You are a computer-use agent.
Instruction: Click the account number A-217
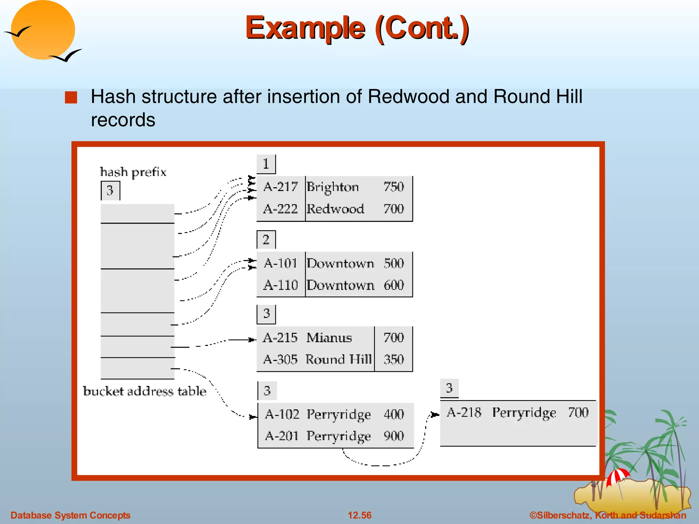click(281, 187)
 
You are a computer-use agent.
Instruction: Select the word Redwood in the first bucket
click(335, 209)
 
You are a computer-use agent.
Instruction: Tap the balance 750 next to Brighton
click(394, 187)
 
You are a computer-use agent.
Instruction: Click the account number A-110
click(281, 285)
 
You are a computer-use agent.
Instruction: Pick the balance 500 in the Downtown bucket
click(394, 263)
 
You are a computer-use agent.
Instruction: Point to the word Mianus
click(329, 338)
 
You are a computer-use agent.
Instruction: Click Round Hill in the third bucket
click(338, 359)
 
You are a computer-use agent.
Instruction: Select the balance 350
click(394, 359)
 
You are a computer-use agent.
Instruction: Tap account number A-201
click(282, 436)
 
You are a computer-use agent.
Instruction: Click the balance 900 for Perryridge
click(394, 436)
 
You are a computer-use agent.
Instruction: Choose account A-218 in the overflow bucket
click(464, 412)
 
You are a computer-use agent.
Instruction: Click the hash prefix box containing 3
click(110, 190)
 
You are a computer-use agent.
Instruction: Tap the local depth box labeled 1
click(266, 164)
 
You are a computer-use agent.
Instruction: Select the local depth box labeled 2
click(266, 239)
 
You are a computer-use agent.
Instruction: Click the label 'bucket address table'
click(145, 391)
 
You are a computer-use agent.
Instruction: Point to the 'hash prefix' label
click(133, 172)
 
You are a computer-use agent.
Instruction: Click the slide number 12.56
click(359, 515)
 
